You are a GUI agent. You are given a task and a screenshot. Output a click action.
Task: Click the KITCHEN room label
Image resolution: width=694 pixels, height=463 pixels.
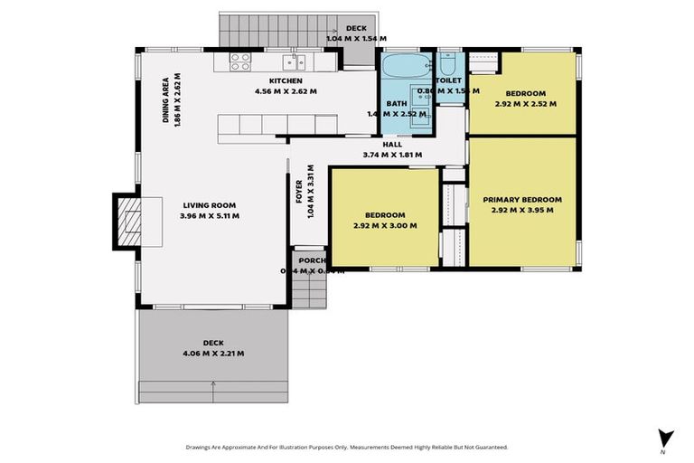(271, 80)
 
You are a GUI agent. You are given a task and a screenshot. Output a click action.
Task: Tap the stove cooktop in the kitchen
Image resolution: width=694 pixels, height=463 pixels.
(240, 61)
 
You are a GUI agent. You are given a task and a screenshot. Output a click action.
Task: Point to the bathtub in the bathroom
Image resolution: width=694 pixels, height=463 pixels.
(397, 67)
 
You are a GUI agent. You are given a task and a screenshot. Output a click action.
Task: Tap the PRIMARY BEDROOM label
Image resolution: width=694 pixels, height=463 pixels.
(522, 200)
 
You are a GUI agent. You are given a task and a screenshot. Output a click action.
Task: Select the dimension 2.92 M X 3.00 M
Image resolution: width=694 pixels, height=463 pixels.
(384, 225)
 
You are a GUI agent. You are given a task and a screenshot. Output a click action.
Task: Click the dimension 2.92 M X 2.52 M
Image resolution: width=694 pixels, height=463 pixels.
(525, 104)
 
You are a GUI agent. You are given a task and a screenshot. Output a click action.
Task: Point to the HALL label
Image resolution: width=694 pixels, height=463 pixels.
(392, 144)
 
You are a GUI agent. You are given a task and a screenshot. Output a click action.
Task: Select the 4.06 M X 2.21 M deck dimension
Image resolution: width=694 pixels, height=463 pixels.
(213, 353)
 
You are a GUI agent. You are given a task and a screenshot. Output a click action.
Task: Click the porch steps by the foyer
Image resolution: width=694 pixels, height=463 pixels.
(310, 290)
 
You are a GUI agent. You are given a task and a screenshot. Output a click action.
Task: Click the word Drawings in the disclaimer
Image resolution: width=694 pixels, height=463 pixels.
(201, 447)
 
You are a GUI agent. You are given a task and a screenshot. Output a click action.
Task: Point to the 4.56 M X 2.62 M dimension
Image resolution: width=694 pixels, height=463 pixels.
(271, 90)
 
